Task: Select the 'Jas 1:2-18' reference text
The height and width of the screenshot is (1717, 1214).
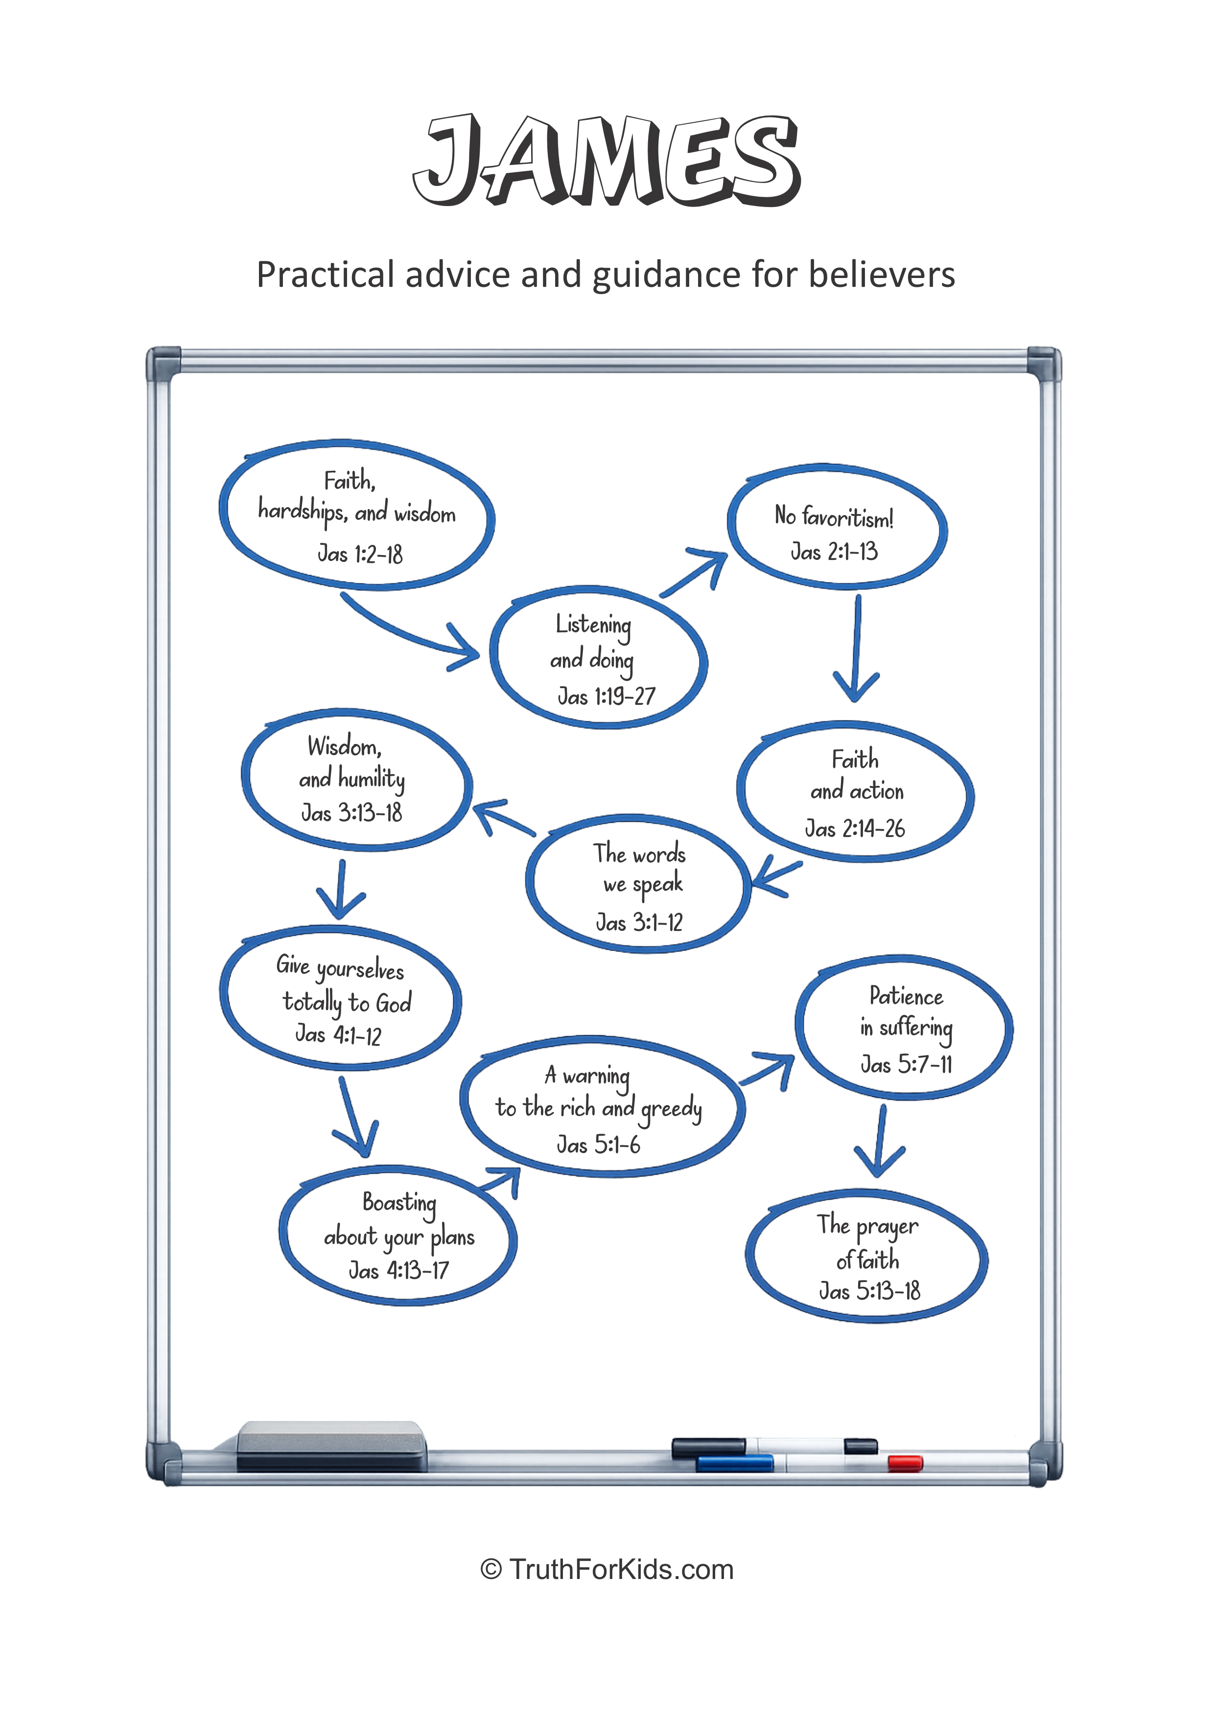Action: [360, 554]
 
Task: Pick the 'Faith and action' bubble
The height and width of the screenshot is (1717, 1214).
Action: [855, 793]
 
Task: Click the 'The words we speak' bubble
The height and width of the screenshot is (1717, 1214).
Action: [638, 884]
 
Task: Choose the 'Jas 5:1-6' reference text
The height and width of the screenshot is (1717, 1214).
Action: [598, 1145]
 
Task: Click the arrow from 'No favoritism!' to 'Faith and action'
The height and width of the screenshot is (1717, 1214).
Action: [857, 648]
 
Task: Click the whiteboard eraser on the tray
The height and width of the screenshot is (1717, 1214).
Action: [330, 1446]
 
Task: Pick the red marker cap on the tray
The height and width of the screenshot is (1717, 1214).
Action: [905, 1463]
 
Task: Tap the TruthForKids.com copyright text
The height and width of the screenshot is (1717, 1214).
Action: [607, 1569]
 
